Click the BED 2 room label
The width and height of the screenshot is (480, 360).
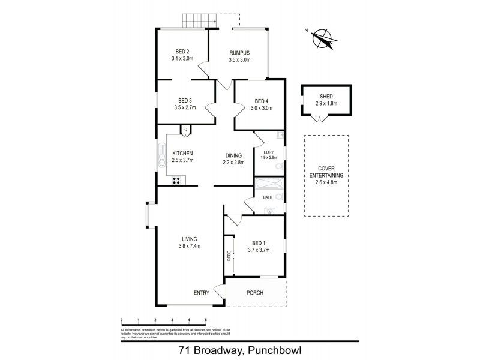[x=182, y=51]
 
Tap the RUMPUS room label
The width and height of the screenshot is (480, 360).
[x=239, y=52]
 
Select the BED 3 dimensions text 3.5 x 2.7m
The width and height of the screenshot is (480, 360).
[x=185, y=108]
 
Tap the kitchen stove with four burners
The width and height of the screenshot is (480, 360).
[x=178, y=179]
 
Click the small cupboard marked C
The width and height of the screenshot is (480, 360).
[x=186, y=129]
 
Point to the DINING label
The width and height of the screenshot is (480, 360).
[x=233, y=154]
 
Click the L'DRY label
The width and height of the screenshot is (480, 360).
[x=268, y=152]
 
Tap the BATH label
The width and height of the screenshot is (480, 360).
[x=268, y=197]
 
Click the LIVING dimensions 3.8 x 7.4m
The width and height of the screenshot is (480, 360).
[x=189, y=246]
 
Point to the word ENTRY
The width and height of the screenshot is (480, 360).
[x=202, y=293]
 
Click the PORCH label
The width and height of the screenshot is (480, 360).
[x=255, y=293]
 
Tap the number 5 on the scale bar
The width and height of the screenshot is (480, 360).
[x=206, y=320]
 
